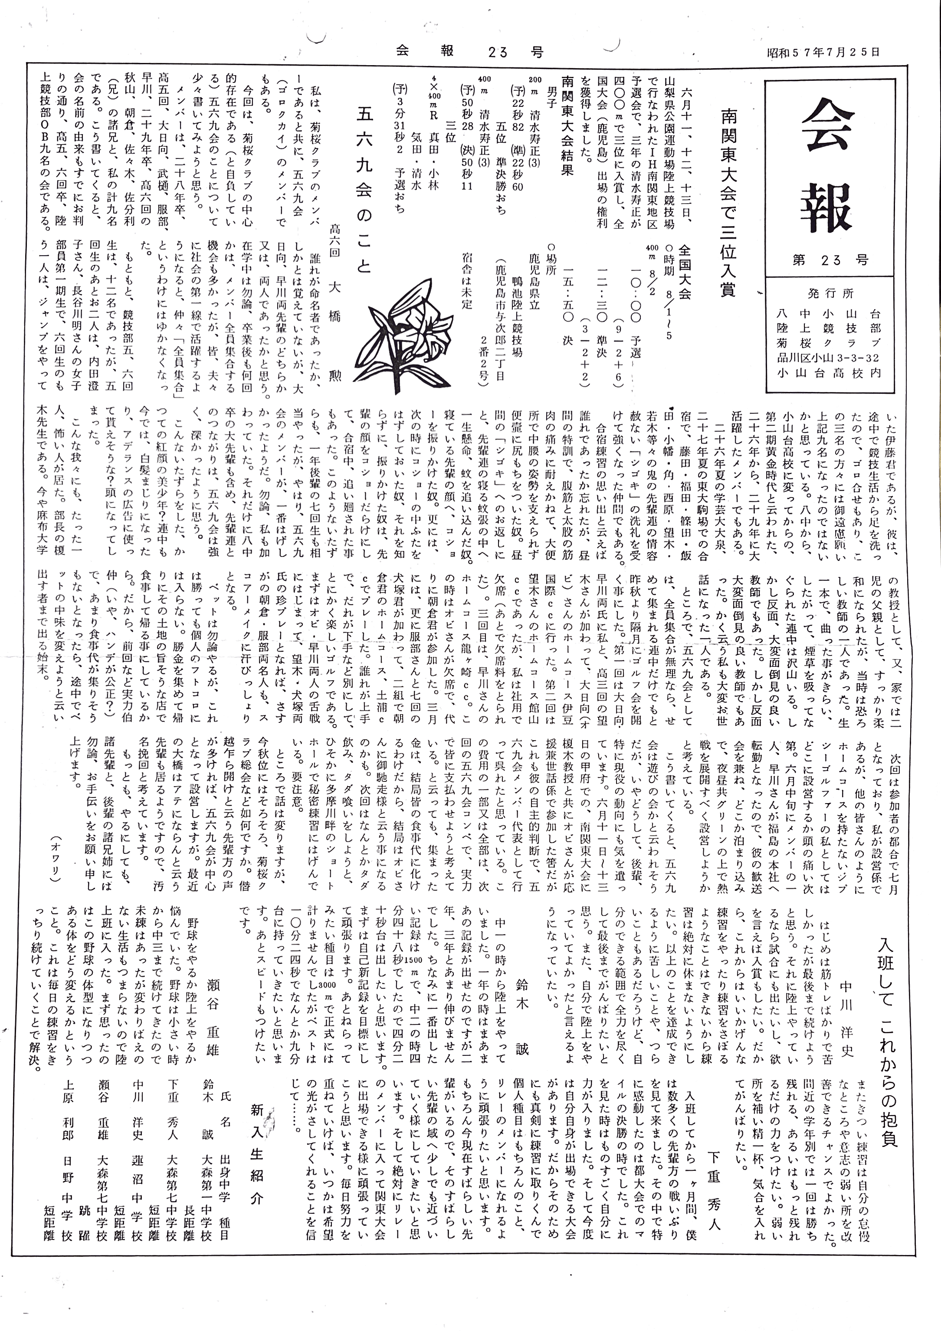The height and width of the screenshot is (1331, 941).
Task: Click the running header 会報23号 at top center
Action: click(x=470, y=52)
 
